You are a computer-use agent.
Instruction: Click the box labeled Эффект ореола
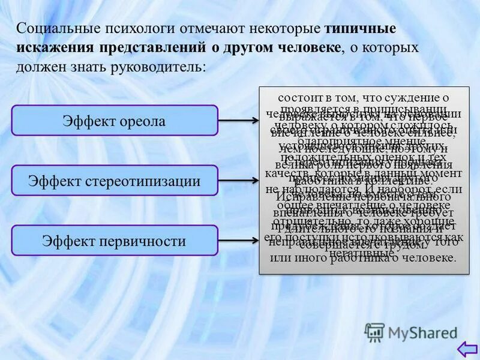point(114,121)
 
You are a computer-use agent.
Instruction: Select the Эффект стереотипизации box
point(114,181)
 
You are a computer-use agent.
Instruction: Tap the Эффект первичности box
point(114,241)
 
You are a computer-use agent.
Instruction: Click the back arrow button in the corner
point(466,349)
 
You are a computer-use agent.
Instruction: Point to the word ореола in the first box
point(142,121)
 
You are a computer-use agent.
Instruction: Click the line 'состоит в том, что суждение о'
point(364,97)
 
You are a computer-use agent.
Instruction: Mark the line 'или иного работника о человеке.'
point(364,259)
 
